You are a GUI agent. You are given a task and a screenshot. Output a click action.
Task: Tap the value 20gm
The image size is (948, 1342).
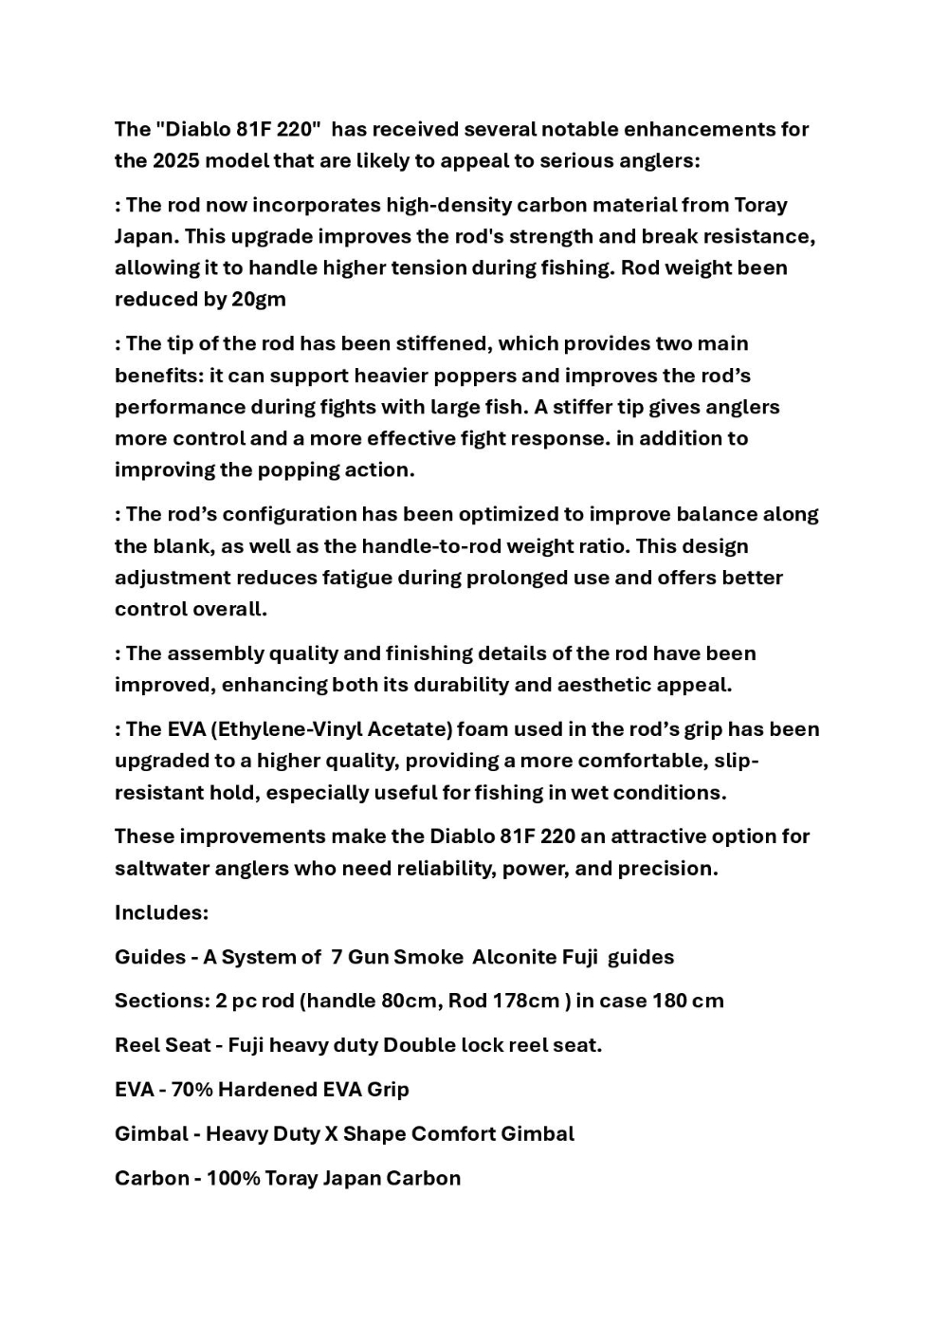(x=258, y=299)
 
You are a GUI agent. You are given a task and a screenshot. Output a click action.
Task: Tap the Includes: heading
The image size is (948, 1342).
(x=161, y=912)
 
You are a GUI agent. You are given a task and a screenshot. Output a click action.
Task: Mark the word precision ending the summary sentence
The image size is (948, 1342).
(x=667, y=868)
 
